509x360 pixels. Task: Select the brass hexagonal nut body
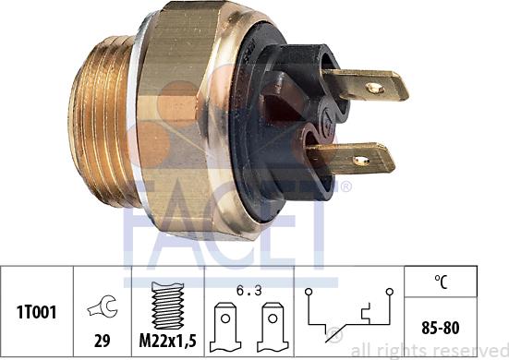tap(185, 120)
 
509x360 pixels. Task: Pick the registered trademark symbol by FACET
tap(345, 186)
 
